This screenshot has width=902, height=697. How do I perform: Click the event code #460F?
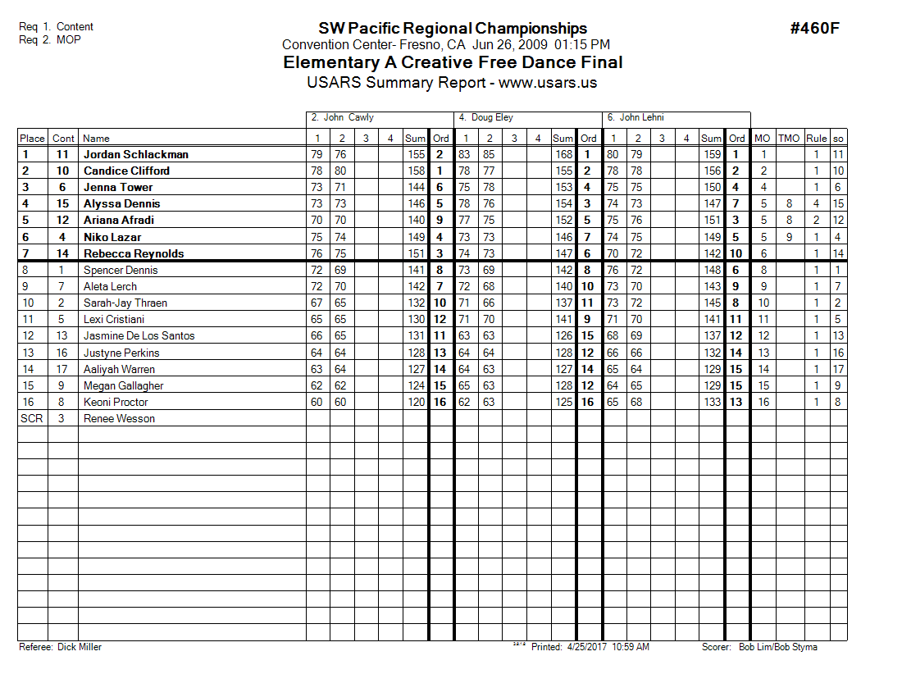[814, 29]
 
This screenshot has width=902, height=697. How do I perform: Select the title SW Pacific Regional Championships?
[453, 29]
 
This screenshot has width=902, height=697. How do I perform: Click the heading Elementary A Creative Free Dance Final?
[453, 62]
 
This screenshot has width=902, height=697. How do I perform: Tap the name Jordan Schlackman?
[136, 154]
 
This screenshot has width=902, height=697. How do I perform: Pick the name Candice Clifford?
[127, 171]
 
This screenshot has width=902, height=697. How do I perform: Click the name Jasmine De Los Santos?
[139, 335]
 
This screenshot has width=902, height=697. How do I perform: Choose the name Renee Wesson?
[119, 418]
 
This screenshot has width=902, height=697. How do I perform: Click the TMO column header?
[789, 139]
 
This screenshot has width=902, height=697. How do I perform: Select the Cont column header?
[63, 139]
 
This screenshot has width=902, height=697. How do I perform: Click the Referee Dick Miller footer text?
[61, 647]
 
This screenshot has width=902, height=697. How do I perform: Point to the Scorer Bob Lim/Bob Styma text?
[759, 647]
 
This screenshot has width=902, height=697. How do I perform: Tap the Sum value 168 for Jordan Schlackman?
[563, 154]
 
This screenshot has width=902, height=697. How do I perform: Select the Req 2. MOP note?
[50, 39]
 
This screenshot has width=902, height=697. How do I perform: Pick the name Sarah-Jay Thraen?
[125, 303]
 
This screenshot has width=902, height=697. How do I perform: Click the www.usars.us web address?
[548, 83]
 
